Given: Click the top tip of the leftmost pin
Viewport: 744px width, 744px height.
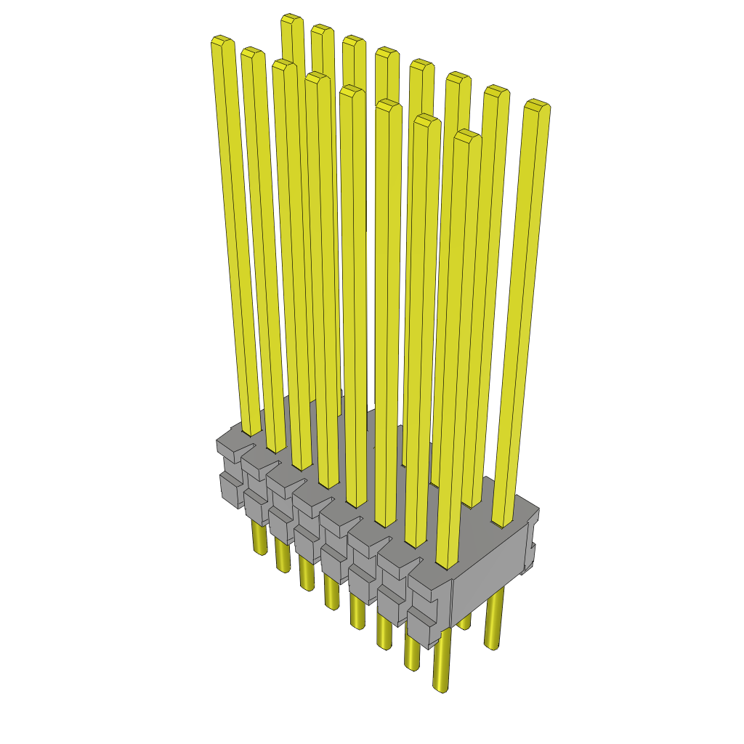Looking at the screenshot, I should [x=222, y=41].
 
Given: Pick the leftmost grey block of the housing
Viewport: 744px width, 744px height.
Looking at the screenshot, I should [x=231, y=472].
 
